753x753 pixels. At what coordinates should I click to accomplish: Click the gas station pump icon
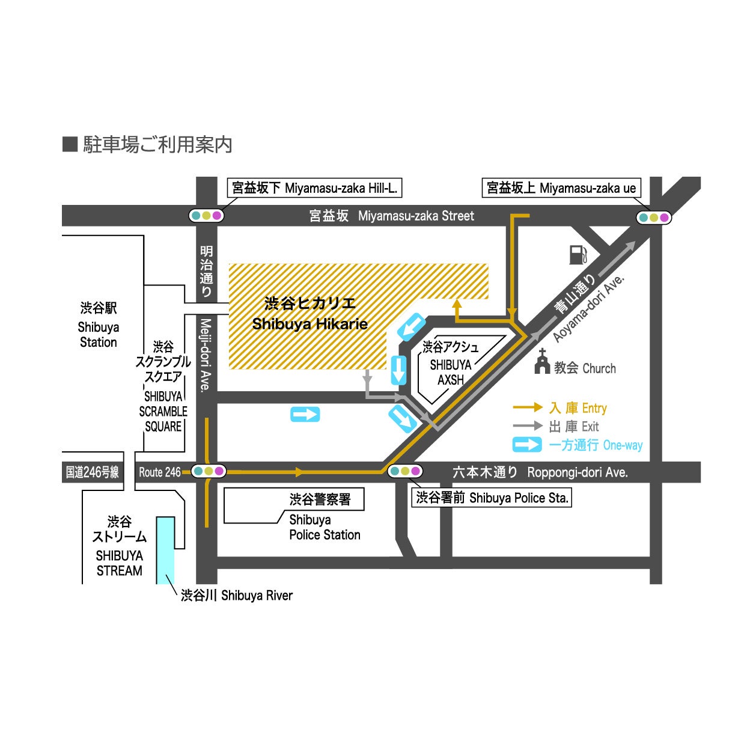[578, 254]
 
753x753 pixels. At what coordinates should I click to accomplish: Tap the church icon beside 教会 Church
[542, 362]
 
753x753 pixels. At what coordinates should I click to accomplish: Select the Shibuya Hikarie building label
[309, 314]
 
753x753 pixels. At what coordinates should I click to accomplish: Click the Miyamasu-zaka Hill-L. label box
[314, 188]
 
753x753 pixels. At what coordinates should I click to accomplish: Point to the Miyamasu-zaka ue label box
[561, 188]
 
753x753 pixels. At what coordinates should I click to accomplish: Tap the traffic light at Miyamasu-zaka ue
[653, 218]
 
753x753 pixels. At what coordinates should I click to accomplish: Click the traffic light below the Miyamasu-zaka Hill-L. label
[206, 215]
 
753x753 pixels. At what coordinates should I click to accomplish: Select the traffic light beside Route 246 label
[208, 472]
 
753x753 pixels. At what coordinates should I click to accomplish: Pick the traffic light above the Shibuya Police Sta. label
[405, 472]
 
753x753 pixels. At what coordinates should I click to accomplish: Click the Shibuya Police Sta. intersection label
[492, 498]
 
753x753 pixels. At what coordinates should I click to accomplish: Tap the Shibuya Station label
[99, 325]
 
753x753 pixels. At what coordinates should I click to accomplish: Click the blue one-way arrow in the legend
[527, 445]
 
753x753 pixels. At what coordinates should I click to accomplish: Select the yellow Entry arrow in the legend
[527, 407]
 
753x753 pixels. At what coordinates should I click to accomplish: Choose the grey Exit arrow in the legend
[527, 426]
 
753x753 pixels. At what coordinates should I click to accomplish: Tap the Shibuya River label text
[237, 596]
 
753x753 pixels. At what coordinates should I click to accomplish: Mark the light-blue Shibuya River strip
[165, 550]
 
